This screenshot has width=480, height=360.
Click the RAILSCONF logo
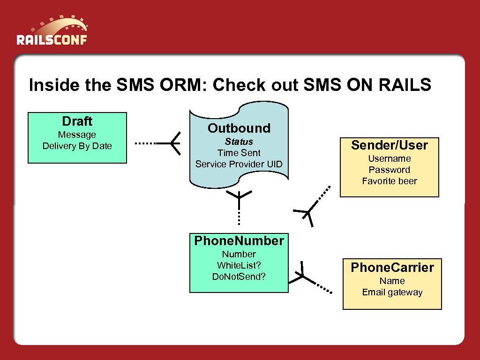coord(52,33)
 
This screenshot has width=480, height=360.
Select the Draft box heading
coord(77,121)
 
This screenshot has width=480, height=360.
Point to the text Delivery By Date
coord(77,146)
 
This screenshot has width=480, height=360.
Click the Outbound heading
coord(239,128)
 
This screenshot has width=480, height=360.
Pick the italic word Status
coord(239,142)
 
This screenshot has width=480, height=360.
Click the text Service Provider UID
coord(239,164)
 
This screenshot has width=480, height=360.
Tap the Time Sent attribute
coord(239,153)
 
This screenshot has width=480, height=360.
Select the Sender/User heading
coord(389,145)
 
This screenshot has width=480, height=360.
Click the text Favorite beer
coord(389,181)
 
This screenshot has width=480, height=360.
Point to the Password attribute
coord(389,170)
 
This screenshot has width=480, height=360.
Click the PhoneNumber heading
coord(239,241)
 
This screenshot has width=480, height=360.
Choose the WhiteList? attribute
coord(239,265)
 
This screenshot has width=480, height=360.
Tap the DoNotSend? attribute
coord(239,277)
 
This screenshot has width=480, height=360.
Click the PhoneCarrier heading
coord(392,268)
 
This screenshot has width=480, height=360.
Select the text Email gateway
coord(392,292)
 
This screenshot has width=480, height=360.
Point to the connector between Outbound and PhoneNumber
coord(239,206)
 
